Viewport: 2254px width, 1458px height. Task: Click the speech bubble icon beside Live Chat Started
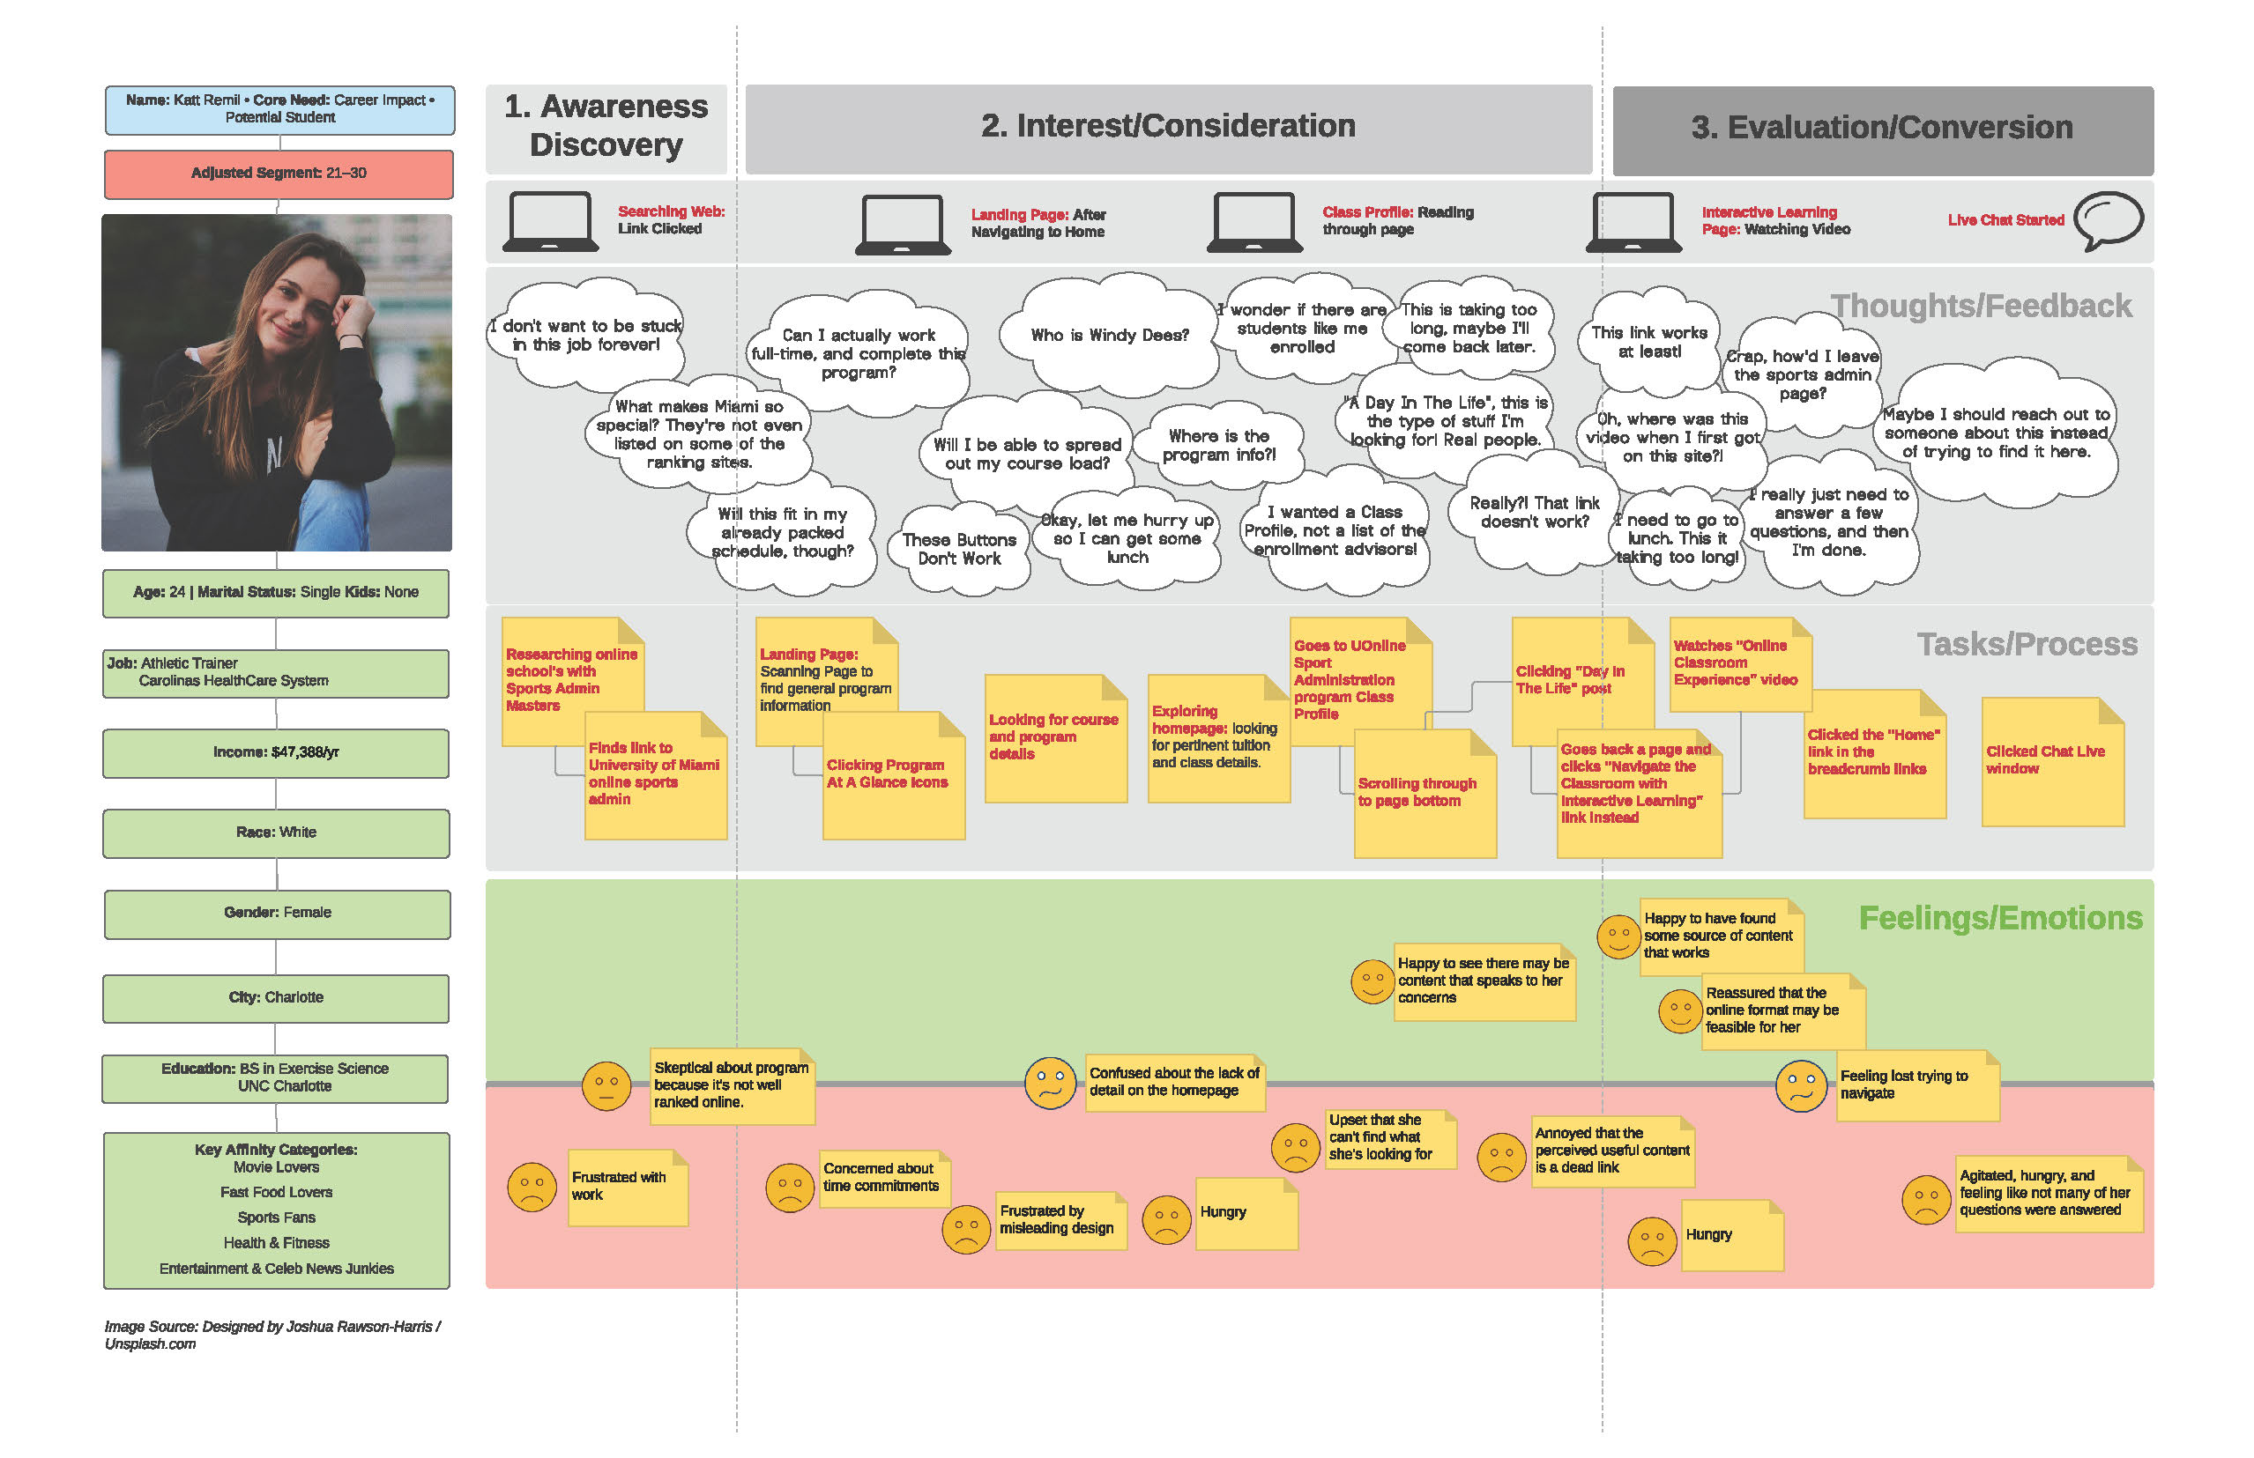(2109, 220)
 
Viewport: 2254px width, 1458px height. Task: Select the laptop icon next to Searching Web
(550, 221)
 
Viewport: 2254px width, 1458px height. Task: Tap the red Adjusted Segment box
(279, 174)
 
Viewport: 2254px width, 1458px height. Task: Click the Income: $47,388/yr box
(276, 752)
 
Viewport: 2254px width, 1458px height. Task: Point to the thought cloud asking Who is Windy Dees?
(1109, 335)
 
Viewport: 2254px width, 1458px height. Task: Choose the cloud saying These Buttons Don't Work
(958, 549)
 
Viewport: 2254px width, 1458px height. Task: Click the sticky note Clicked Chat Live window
(2053, 761)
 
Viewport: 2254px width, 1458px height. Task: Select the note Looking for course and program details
(1056, 738)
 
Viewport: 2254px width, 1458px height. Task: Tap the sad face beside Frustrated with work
(532, 1188)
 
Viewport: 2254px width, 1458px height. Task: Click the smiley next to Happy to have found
(1618, 937)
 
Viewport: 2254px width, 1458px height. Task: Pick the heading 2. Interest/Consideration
(1168, 126)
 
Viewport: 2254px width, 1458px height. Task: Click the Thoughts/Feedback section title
(1981, 306)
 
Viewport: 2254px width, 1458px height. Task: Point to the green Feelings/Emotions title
(2000, 917)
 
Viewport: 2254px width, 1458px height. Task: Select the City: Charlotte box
(276, 998)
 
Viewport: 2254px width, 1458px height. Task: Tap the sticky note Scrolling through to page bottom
(1425, 794)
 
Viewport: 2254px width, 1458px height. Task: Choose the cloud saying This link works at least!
(1648, 342)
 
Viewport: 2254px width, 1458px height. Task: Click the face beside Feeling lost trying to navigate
(1800, 1085)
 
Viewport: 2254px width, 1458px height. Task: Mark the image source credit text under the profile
(272, 1335)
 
